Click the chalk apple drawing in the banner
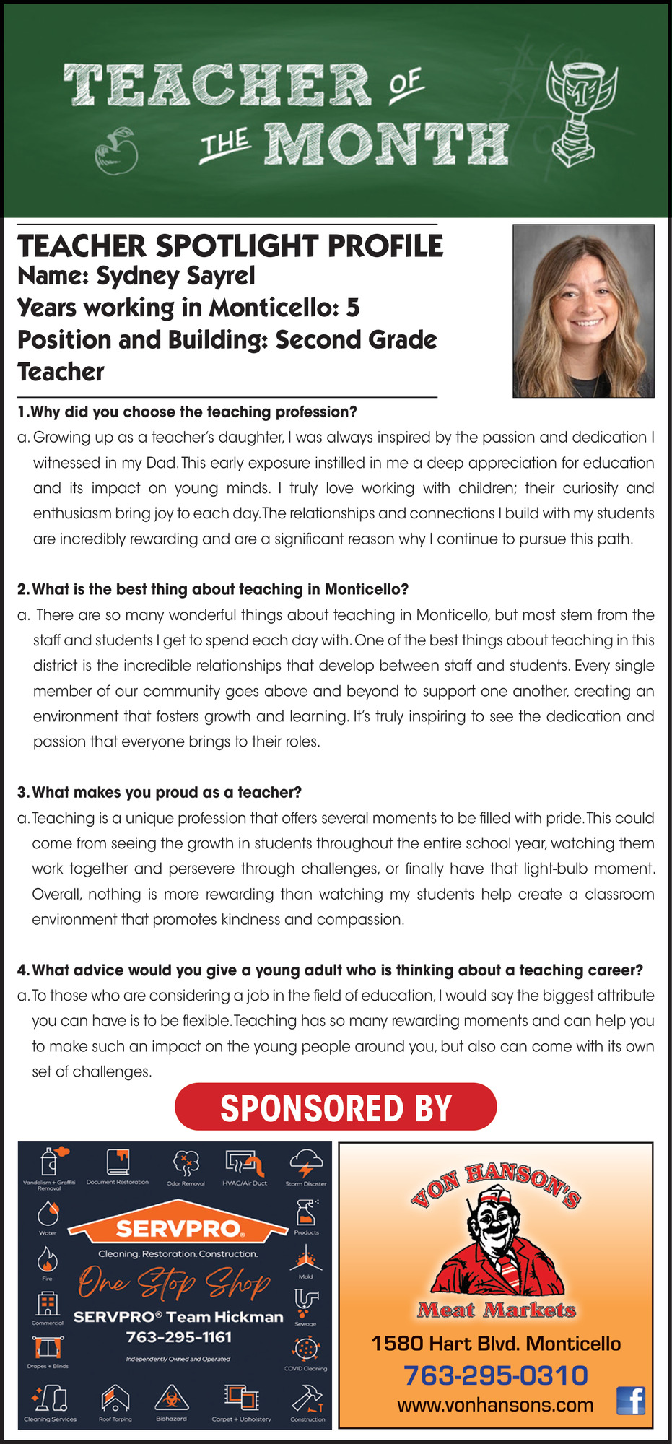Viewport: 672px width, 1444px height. pyautogui.click(x=116, y=151)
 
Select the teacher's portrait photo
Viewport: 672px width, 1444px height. pyautogui.click(x=583, y=310)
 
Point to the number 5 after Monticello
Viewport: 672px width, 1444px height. pyautogui.click(x=352, y=308)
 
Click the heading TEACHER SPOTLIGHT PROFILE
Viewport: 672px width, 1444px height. pyautogui.click(x=230, y=246)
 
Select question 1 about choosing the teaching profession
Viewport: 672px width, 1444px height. pyautogui.click(x=187, y=412)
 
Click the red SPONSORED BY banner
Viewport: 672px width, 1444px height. pyautogui.click(x=336, y=1107)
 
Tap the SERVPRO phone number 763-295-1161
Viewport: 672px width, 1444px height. pyautogui.click(x=179, y=1337)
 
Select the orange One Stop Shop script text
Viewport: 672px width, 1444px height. pyautogui.click(x=174, y=1283)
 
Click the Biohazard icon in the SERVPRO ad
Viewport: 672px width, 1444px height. pyautogui.click(x=172, y=1398)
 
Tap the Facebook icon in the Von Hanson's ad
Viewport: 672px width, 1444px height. pyautogui.click(x=631, y=1401)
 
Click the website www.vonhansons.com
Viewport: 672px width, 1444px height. pyautogui.click(x=495, y=1405)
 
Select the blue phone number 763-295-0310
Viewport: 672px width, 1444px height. pyautogui.click(x=495, y=1375)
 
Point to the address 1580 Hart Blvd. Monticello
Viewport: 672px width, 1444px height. pyautogui.click(x=496, y=1344)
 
